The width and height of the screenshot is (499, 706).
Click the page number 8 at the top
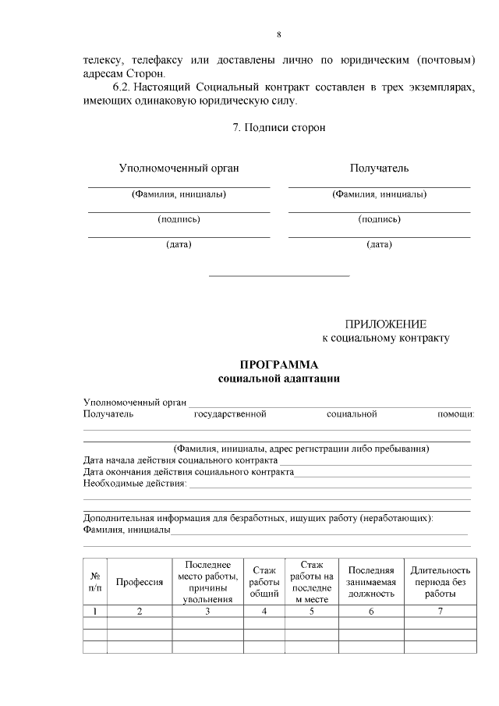click(278, 34)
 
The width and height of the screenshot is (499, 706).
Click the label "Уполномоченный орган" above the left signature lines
click(179, 168)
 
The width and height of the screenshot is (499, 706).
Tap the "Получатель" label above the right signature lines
click(379, 168)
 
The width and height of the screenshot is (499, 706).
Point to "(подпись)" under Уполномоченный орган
click(179, 219)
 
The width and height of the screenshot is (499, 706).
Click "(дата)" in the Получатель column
click(379, 244)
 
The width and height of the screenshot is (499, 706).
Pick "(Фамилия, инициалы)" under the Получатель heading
click(379, 194)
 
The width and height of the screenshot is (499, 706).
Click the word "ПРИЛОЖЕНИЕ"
click(386, 324)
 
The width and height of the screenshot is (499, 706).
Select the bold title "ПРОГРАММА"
click(278, 364)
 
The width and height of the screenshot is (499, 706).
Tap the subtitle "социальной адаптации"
click(278, 378)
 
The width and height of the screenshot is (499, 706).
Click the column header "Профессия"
click(140, 582)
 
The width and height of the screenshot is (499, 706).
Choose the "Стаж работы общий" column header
click(264, 582)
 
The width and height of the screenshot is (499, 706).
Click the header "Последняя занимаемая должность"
click(371, 582)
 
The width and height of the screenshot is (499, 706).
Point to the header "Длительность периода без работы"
click(440, 582)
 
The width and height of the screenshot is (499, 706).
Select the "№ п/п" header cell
click(94, 582)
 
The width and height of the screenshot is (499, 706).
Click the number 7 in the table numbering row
click(440, 612)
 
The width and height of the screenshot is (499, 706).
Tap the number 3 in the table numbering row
click(207, 612)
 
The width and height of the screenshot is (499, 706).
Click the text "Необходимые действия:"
click(135, 484)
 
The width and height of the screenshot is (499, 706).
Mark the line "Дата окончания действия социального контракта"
click(188, 472)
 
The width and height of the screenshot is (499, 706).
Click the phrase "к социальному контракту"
click(386, 339)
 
